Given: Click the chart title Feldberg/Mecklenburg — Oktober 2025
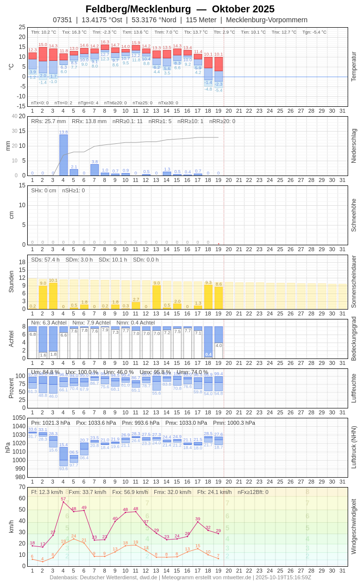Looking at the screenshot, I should pos(180,9).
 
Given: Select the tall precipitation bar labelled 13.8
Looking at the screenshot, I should pos(63,155).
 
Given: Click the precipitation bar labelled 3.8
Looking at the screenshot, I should pos(94,170).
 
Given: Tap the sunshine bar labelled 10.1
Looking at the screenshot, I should pos(53,296).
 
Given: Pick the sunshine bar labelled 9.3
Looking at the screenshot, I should pos(208,297).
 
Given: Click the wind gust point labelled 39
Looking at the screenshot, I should pos(198,522).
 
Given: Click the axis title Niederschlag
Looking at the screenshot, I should pos(354,146).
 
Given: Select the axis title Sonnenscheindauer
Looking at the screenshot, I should pos(354,282).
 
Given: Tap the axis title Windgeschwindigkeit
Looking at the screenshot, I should pos(354,526).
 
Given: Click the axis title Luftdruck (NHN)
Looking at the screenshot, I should pos(354,447).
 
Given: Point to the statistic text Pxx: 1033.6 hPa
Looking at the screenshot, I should pos(96,423).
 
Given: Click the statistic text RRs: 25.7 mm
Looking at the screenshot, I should pos(48,121).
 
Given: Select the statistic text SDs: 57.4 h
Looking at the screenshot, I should pos(45,260).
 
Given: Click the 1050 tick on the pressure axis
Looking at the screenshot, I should pos(19,418).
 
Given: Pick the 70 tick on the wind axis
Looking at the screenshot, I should pos(22,487).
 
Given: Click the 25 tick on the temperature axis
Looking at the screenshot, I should pos(22,27).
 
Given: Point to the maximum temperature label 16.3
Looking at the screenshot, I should pos(105,42).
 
